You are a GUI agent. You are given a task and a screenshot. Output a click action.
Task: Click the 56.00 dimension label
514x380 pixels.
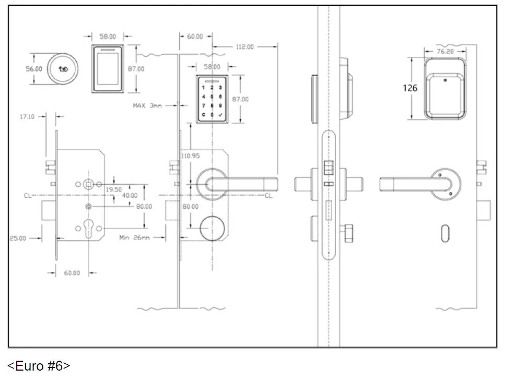click(x=34, y=69)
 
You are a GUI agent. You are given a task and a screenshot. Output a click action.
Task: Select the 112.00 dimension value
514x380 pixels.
click(x=244, y=47)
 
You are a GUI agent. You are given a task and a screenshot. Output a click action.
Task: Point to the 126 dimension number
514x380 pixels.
click(x=410, y=88)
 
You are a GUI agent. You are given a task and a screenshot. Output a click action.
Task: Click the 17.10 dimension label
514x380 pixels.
click(x=27, y=116)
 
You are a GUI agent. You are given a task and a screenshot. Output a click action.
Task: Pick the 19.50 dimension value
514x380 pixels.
click(x=114, y=190)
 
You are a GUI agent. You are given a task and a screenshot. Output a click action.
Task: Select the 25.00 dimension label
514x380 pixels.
click(x=18, y=238)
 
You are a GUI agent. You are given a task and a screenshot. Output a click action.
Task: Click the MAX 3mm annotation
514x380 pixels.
click(x=147, y=105)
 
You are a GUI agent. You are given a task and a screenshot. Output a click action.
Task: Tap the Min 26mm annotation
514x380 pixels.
click(x=134, y=238)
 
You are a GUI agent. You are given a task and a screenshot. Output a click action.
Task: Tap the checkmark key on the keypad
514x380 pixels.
click(x=220, y=114)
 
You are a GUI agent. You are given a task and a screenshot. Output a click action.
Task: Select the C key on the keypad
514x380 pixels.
click(x=203, y=114)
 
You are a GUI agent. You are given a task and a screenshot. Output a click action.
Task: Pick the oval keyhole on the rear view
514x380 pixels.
click(x=444, y=232)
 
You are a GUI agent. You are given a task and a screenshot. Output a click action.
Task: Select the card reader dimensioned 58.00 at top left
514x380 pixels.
click(x=108, y=69)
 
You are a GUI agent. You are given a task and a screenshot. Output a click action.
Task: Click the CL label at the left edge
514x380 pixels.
click(x=27, y=196)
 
